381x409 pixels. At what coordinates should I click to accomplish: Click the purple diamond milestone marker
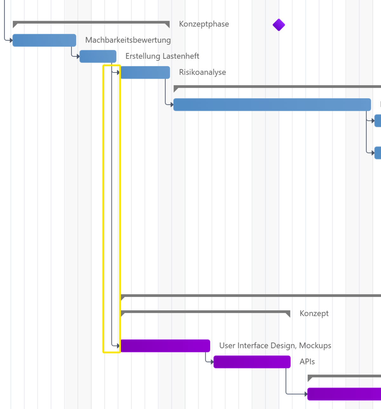(x=279, y=25)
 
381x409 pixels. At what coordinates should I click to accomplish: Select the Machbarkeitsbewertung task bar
(x=44, y=40)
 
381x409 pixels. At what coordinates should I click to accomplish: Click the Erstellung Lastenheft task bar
(x=98, y=57)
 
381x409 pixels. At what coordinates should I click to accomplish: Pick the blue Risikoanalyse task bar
(x=145, y=72)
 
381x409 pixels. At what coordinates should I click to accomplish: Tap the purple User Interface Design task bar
(x=165, y=346)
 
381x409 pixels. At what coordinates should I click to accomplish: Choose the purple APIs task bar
(x=252, y=362)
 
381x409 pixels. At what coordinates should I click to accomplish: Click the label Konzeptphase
(x=204, y=24)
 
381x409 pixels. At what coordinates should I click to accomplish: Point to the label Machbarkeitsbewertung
(x=128, y=40)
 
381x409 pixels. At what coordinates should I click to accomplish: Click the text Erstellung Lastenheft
(x=162, y=56)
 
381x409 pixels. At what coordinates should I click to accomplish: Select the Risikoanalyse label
(x=203, y=72)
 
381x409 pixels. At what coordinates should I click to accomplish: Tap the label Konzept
(x=314, y=313)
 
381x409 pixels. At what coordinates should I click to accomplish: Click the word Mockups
(x=315, y=345)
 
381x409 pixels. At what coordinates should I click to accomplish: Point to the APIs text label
(x=307, y=362)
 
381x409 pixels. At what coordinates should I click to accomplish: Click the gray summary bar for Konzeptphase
(x=91, y=22)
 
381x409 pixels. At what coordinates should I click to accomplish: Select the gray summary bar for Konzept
(x=205, y=312)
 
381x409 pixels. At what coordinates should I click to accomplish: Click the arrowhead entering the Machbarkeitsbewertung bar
(x=11, y=40)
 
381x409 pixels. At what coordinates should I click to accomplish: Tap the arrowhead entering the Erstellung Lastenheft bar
(x=78, y=56)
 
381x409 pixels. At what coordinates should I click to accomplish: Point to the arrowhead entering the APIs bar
(x=212, y=362)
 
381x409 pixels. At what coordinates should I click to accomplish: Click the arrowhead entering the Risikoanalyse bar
(x=118, y=72)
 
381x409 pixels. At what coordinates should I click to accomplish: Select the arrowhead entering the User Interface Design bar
(x=118, y=346)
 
